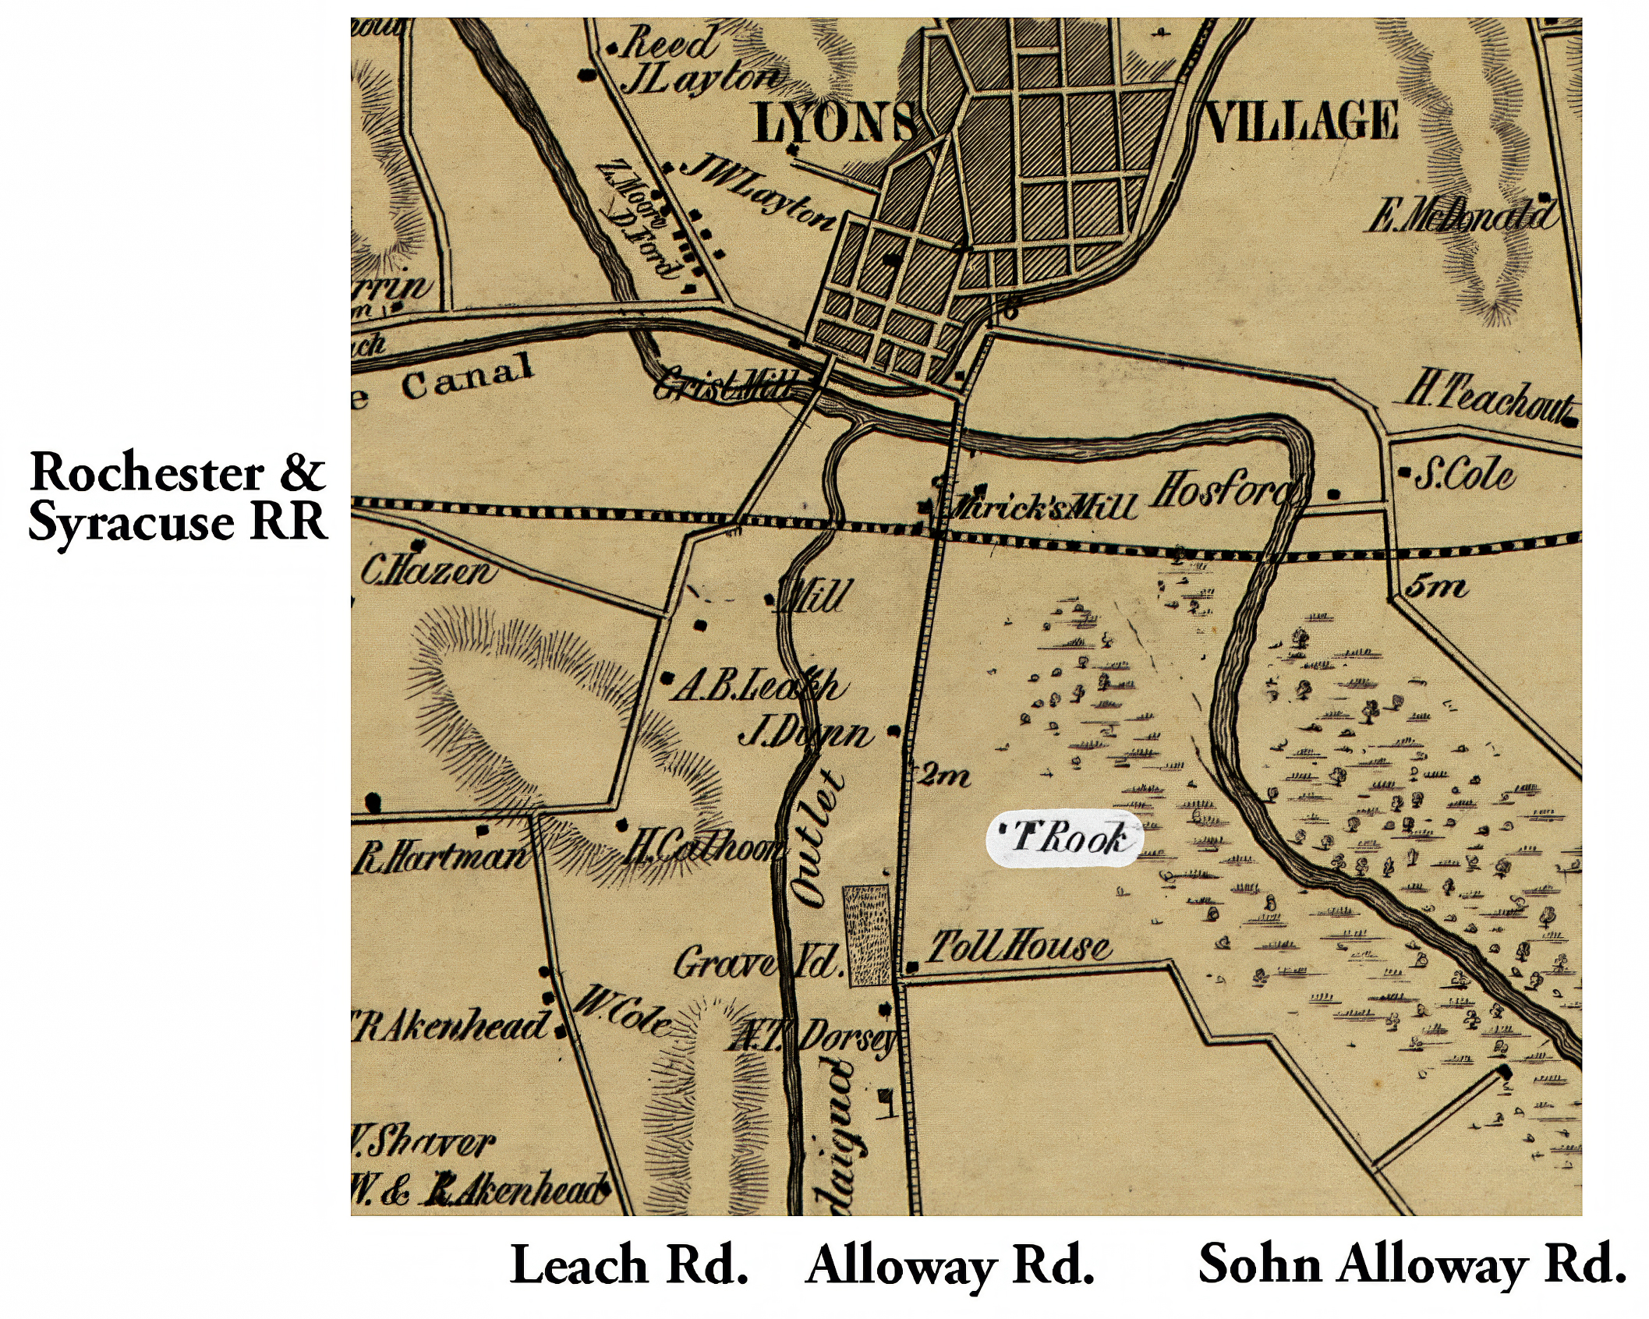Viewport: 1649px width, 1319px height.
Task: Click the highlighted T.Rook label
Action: [1064, 838]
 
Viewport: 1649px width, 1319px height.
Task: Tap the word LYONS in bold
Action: [834, 123]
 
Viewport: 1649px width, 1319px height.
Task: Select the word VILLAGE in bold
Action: [1300, 122]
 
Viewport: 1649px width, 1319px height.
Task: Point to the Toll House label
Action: [1017, 947]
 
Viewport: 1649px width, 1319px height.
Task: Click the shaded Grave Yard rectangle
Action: [868, 935]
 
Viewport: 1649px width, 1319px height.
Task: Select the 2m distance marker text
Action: [945, 776]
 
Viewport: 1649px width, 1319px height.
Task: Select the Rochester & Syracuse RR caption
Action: [177, 497]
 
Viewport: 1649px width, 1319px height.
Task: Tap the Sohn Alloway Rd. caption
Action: [1411, 1263]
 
